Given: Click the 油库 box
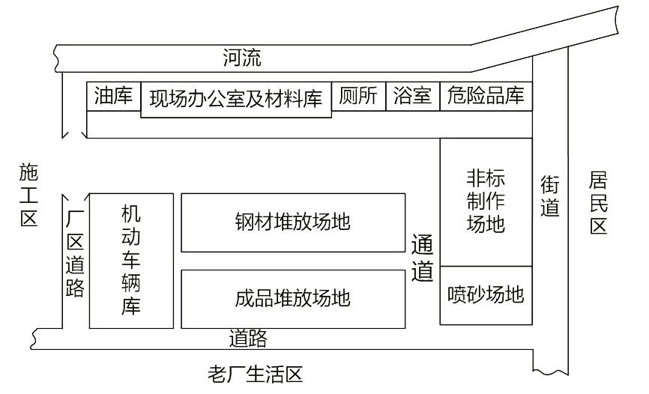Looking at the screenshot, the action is point(114,97).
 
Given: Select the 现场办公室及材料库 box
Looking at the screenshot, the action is point(236,100).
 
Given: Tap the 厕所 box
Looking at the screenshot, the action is point(358,97).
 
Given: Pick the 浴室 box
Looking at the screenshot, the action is point(413,97).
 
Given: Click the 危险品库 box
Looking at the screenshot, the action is point(486,97).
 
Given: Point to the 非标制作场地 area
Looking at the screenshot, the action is point(486,202).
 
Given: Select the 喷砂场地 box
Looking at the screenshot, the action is point(486,295).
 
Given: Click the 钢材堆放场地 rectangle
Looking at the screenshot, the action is point(293,222).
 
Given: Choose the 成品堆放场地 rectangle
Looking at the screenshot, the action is point(293,299).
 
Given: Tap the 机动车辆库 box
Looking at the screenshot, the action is point(131,261).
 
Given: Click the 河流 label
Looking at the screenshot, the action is point(242,58).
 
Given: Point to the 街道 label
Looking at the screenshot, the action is point(550,196).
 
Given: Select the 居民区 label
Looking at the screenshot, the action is point(598,203).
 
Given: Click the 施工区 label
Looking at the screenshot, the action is point(29,195).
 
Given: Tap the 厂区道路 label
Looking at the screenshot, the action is point(75,253).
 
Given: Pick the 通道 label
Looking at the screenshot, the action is point(422,258).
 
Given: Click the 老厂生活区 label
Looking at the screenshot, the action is point(256,375).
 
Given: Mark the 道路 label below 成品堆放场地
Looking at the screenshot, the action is point(248,339).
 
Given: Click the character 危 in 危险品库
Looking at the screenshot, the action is point(456,95).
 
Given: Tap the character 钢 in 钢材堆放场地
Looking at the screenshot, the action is point(244,222).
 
